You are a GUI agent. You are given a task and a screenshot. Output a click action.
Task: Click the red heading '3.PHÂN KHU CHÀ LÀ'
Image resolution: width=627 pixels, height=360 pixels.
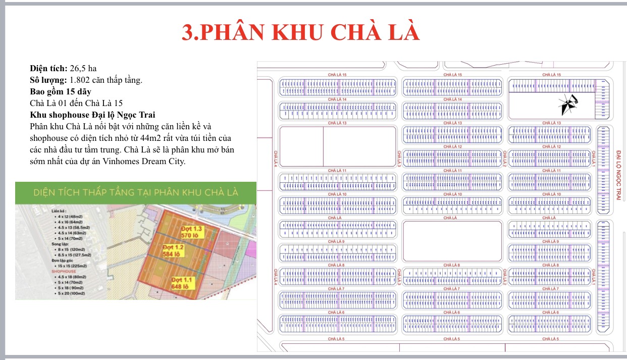[300, 31]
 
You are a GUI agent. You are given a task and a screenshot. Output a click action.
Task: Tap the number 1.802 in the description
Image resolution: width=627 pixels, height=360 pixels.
[80, 80]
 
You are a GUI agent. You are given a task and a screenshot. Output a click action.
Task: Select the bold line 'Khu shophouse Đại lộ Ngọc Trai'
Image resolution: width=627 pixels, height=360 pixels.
[92, 114]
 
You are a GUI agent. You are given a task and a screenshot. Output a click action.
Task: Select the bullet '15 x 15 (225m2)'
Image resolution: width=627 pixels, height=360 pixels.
[72, 266]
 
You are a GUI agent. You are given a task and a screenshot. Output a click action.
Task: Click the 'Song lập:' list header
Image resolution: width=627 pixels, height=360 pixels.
[60, 243]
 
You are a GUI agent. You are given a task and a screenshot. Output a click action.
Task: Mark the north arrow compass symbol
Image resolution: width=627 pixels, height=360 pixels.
[567, 105]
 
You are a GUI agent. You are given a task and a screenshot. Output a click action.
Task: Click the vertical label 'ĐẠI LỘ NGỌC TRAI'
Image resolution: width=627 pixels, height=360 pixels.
[618, 174]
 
